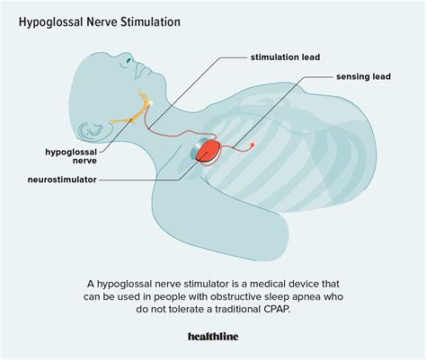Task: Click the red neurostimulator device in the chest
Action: [x=211, y=149]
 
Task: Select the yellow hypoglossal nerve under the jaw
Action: [x=126, y=117]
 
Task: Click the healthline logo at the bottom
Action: [x=213, y=337]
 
